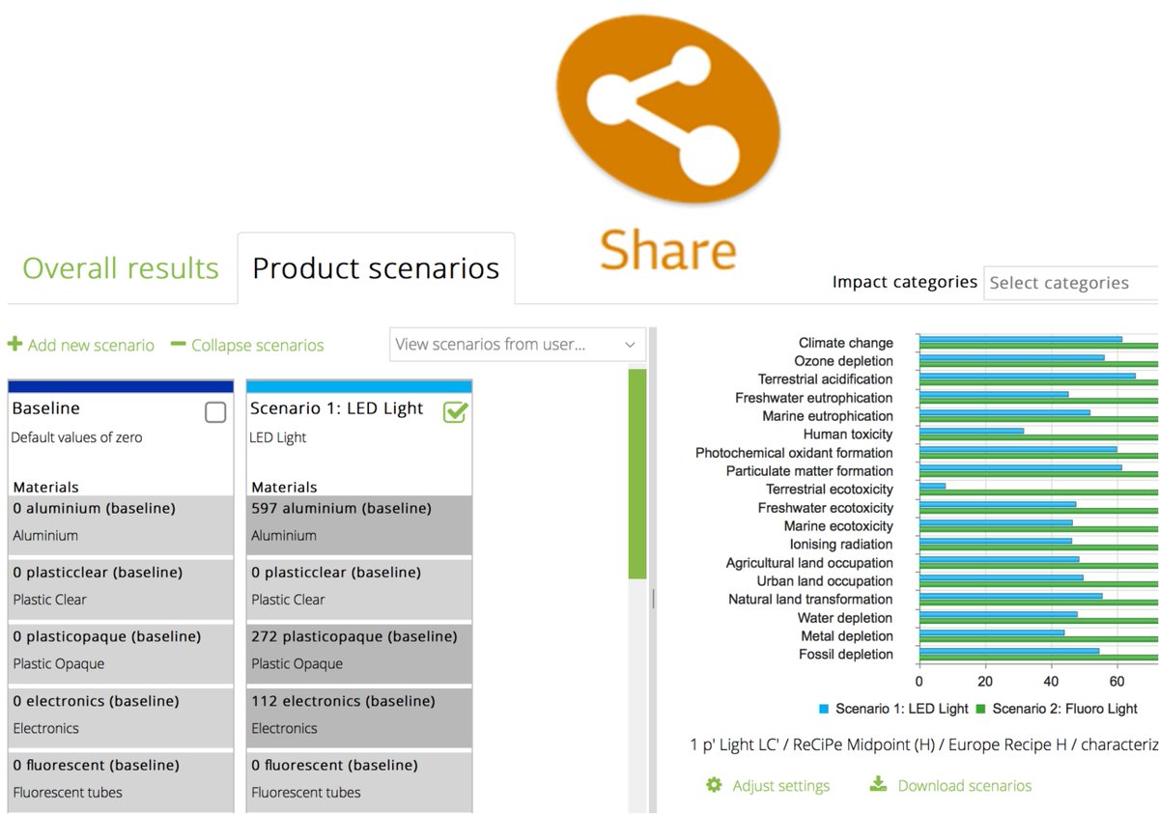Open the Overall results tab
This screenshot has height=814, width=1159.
coord(121,267)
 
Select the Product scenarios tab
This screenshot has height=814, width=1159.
coord(376,267)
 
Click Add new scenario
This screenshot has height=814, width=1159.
coord(81,345)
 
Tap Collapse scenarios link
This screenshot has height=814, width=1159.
coord(247,345)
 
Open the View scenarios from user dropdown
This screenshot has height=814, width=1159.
coord(519,344)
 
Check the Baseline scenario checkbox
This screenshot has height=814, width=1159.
coord(215,412)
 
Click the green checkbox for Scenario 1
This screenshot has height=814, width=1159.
coord(455,412)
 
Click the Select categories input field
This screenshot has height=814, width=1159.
coord(1070,283)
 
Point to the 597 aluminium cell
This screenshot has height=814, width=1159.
coord(359,521)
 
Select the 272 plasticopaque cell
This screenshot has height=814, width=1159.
coord(359,650)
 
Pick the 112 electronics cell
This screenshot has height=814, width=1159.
coord(359,715)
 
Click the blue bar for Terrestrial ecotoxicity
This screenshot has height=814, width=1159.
coord(932,486)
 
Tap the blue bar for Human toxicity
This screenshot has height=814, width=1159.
coord(971,431)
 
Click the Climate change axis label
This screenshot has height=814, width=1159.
coord(845,343)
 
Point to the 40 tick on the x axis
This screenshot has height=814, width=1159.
coord(1052,681)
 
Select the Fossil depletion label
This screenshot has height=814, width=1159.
coord(845,655)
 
